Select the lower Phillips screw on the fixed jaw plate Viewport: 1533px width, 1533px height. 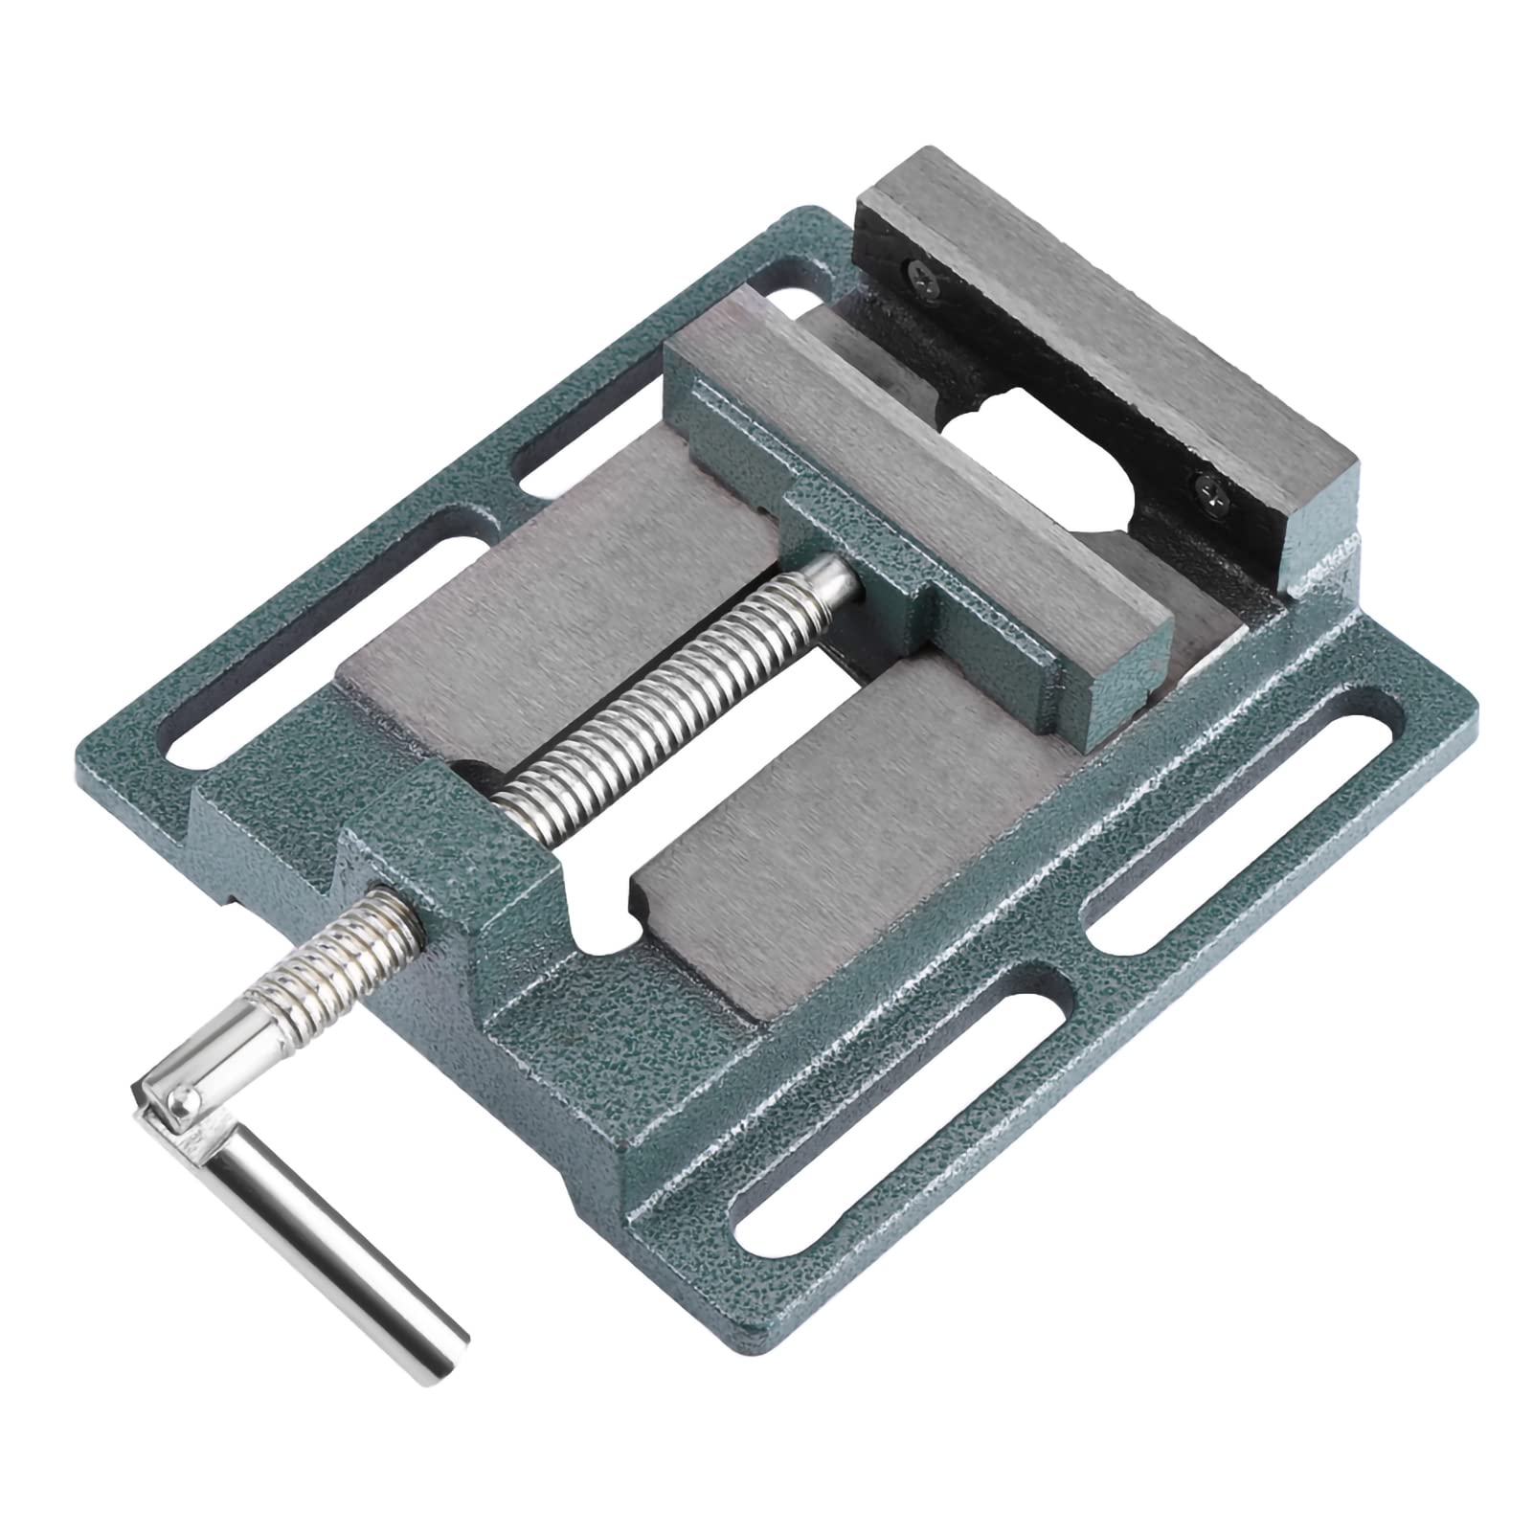(x=1206, y=489)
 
